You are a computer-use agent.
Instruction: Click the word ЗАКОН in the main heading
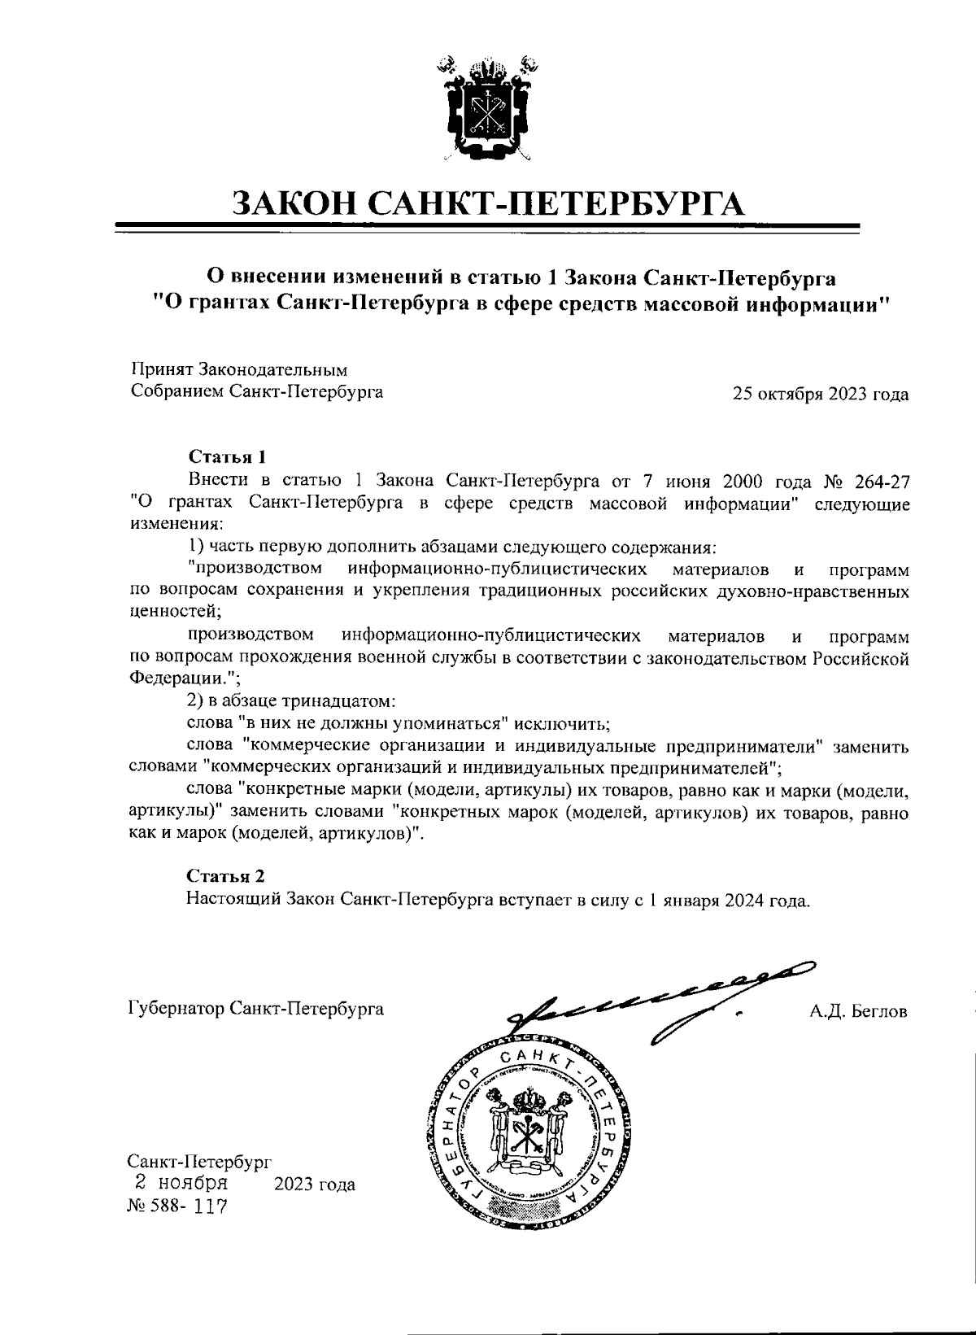[x=294, y=201]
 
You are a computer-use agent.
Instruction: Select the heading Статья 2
[x=225, y=876]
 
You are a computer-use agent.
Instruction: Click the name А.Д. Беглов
[x=857, y=1011]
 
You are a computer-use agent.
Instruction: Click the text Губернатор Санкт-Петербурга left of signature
[x=257, y=1009]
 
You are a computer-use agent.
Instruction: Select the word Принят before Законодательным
[x=161, y=370]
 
